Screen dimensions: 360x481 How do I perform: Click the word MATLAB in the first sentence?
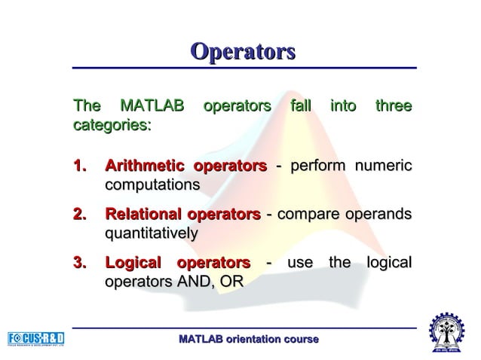(x=152, y=106)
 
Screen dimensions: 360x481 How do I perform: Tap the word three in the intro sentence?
(x=393, y=106)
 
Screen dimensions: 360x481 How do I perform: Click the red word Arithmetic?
(x=144, y=166)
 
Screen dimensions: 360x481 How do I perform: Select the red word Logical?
(x=133, y=263)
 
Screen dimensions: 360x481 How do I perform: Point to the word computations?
(x=152, y=185)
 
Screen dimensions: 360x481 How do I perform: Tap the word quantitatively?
(x=151, y=234)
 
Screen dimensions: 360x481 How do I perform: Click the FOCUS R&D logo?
(x=36, y=338)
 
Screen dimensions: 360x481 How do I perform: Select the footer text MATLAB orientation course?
(x=248, y=340)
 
